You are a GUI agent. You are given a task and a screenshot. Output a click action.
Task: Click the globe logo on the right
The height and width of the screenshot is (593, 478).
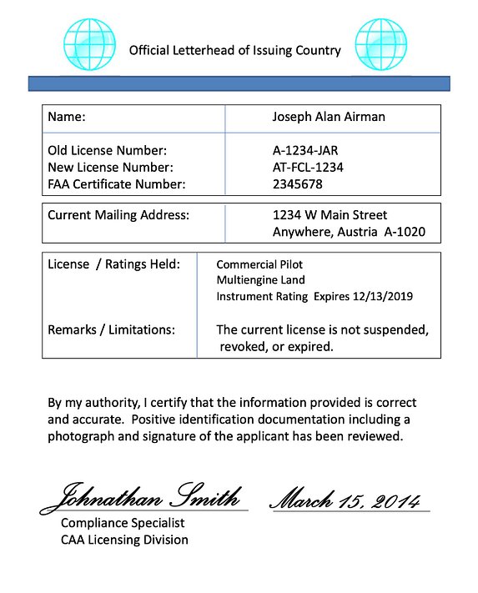(x=380, y=43)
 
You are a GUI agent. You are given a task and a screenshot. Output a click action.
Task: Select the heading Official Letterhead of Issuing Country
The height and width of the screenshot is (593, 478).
(x=234, y=50)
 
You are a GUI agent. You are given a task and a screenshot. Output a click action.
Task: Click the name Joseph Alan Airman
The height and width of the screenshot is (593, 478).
(x=329, y=117)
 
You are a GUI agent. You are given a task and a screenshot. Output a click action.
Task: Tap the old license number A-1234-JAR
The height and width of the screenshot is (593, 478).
(x=305, y=151)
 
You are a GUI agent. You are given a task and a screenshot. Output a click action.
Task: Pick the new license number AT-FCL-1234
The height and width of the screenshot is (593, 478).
(x=308, y=167)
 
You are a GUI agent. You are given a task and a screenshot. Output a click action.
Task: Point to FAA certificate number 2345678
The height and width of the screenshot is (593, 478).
(x=297, y=183)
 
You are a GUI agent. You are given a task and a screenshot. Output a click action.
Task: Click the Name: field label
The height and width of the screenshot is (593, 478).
(x=67, y=117)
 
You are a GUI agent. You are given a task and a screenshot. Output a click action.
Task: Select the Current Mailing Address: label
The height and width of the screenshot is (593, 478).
(x=118, y=215)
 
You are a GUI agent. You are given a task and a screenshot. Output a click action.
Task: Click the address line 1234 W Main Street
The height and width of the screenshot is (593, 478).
(x=330, y=215)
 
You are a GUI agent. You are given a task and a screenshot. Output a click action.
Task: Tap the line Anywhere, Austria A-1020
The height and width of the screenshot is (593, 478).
(x=349, y=232)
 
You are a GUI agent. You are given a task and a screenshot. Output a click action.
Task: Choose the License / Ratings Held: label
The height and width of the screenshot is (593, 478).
(x=113, y=264)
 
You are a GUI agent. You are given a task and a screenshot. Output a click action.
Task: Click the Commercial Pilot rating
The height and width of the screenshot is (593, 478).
(x=259, y=264)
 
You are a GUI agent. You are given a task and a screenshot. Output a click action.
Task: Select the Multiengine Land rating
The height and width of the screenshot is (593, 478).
(x=260, y=280)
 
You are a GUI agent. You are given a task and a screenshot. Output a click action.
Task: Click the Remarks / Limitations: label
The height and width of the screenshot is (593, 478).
(x=111, y=329)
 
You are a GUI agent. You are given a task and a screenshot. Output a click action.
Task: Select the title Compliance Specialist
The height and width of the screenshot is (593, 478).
(x=123, y=523)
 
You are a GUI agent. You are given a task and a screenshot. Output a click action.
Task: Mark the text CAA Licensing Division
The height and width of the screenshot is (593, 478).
(x=124, y=540)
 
